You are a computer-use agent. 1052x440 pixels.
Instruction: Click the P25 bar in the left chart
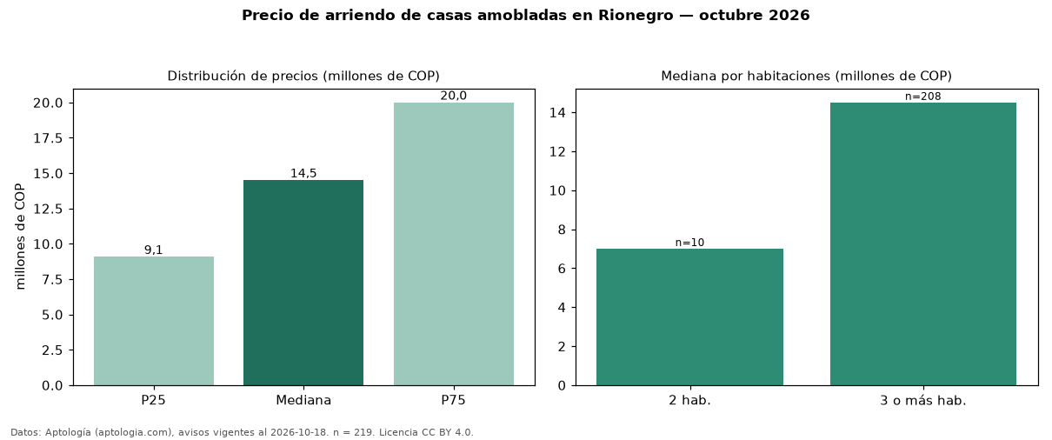154,321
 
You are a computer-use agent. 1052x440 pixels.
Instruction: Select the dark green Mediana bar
303,283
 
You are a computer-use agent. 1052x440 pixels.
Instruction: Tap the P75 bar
454,244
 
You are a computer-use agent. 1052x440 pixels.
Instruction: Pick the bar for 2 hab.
689,317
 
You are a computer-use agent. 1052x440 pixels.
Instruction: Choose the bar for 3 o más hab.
922,244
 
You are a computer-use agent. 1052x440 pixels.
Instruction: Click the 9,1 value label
154,250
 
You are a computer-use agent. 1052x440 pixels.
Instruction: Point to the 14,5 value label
303,173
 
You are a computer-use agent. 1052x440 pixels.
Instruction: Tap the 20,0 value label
454,96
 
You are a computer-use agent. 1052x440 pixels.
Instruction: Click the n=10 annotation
689,243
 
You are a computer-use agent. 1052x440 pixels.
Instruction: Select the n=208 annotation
922,97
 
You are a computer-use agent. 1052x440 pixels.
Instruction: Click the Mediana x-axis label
303,400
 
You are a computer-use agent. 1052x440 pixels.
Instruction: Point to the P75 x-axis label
453,400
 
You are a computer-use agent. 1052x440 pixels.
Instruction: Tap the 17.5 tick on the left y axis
48,138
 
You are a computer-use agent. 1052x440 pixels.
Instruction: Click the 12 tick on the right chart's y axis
557,151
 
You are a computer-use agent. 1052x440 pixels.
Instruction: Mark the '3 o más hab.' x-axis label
922,401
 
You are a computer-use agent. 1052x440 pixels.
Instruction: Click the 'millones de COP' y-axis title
20,237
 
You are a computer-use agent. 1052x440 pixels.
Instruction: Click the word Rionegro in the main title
636,16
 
